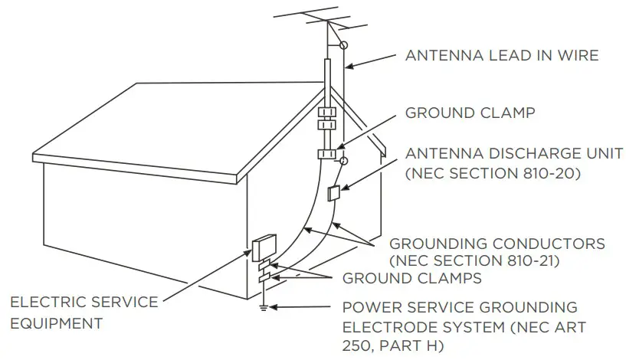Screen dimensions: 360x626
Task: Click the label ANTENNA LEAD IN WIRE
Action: [502, 55]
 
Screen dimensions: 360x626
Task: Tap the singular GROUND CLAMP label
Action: [470, 113]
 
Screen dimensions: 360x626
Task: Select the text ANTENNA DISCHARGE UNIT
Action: [514, 154]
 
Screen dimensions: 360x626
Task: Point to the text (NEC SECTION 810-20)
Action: [493, 174]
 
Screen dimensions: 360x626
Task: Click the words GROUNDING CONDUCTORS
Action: [497, 244]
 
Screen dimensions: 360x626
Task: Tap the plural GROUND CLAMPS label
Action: [412, 278]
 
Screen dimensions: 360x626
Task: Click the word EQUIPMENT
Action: [56, 323]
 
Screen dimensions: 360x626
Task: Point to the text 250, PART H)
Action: [393, 346]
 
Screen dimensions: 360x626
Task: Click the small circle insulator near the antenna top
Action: [344, 45]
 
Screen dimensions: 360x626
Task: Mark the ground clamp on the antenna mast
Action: [328, 153]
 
